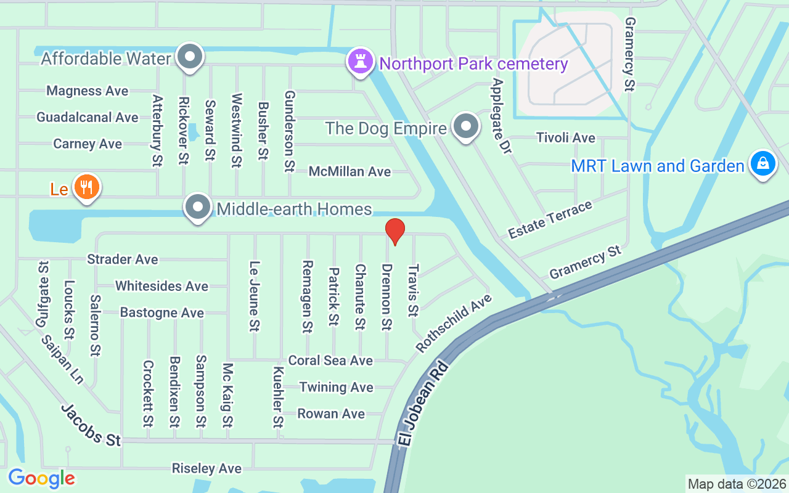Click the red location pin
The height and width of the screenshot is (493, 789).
pos(394,232)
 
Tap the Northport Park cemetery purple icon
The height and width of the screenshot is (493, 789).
pos(360,61)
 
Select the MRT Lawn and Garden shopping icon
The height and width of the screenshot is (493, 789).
pos(762,164)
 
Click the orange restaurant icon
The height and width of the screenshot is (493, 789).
pos(87,187)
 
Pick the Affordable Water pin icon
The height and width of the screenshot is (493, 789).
pos(190,57)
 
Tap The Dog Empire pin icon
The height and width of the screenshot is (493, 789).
pos(467,127)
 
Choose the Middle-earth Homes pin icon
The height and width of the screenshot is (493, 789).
pos(198,208)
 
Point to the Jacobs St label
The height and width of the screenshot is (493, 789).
pos(91,425)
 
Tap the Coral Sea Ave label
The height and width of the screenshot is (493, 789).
pos(330,361)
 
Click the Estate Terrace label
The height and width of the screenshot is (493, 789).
pos(550,219)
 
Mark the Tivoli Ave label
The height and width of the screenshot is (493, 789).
pos(565,137)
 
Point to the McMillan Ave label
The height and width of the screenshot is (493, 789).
pos(350,171)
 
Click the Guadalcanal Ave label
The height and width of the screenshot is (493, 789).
pos(88,117)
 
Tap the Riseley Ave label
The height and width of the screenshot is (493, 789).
pos(206,469)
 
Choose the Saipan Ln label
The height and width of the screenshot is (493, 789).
pos(62,359)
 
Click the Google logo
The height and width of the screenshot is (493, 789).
pos(41,478)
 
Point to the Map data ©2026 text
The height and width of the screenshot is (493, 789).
pos(737,484)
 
